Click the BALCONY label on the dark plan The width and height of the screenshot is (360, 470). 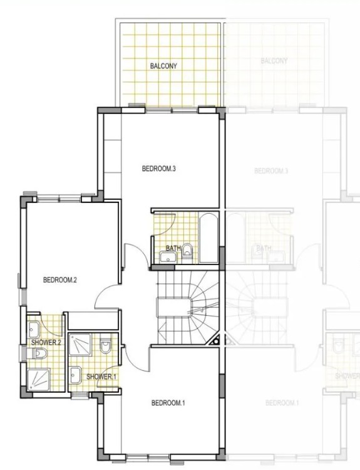tap(164, 65)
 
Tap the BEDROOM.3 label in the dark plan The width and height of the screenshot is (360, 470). tap(158, 168)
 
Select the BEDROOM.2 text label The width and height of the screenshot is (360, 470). tap(59, 280)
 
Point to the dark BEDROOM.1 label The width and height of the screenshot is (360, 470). tap(168, 402)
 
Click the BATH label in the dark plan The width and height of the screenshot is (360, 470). tap(173, 248)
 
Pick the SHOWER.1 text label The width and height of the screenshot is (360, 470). tap(101, 377)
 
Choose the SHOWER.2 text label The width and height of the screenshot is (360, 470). tap(46, 342)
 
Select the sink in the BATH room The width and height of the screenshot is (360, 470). tap(168, 257)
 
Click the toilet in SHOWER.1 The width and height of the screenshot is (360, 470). tap(105, 347)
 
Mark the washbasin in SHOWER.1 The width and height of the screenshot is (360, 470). tap(75, 375)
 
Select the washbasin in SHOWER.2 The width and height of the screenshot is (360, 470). tap(33, 330)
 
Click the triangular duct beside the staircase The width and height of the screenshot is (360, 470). tap(217, 340)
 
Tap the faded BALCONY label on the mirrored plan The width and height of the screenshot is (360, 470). tap(274, 61)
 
